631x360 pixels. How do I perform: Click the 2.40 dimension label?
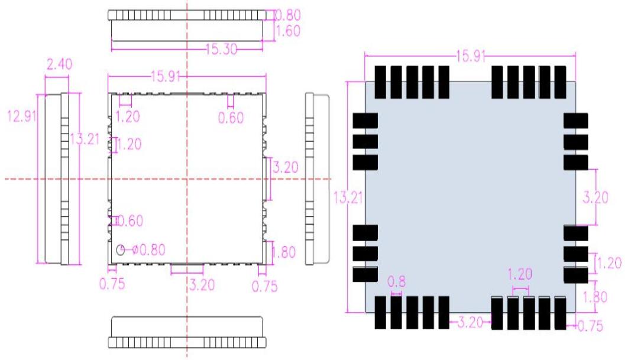point(59,64)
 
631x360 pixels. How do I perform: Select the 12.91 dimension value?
point(21,116)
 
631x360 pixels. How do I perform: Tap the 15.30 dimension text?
point(221,50)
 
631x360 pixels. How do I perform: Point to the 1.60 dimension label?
point(289,31)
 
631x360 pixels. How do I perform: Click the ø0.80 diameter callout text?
point(144,249)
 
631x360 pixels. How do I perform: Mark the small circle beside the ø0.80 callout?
point(121,250)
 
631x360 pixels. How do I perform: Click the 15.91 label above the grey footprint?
point(471,57)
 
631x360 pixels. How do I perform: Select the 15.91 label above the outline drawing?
point(167,76)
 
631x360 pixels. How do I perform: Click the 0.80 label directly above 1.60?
point(288,14)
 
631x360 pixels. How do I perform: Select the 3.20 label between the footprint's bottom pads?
point(470,323)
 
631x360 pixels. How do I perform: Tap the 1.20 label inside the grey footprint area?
point(520,274)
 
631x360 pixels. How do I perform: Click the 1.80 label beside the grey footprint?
point(595,297)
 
